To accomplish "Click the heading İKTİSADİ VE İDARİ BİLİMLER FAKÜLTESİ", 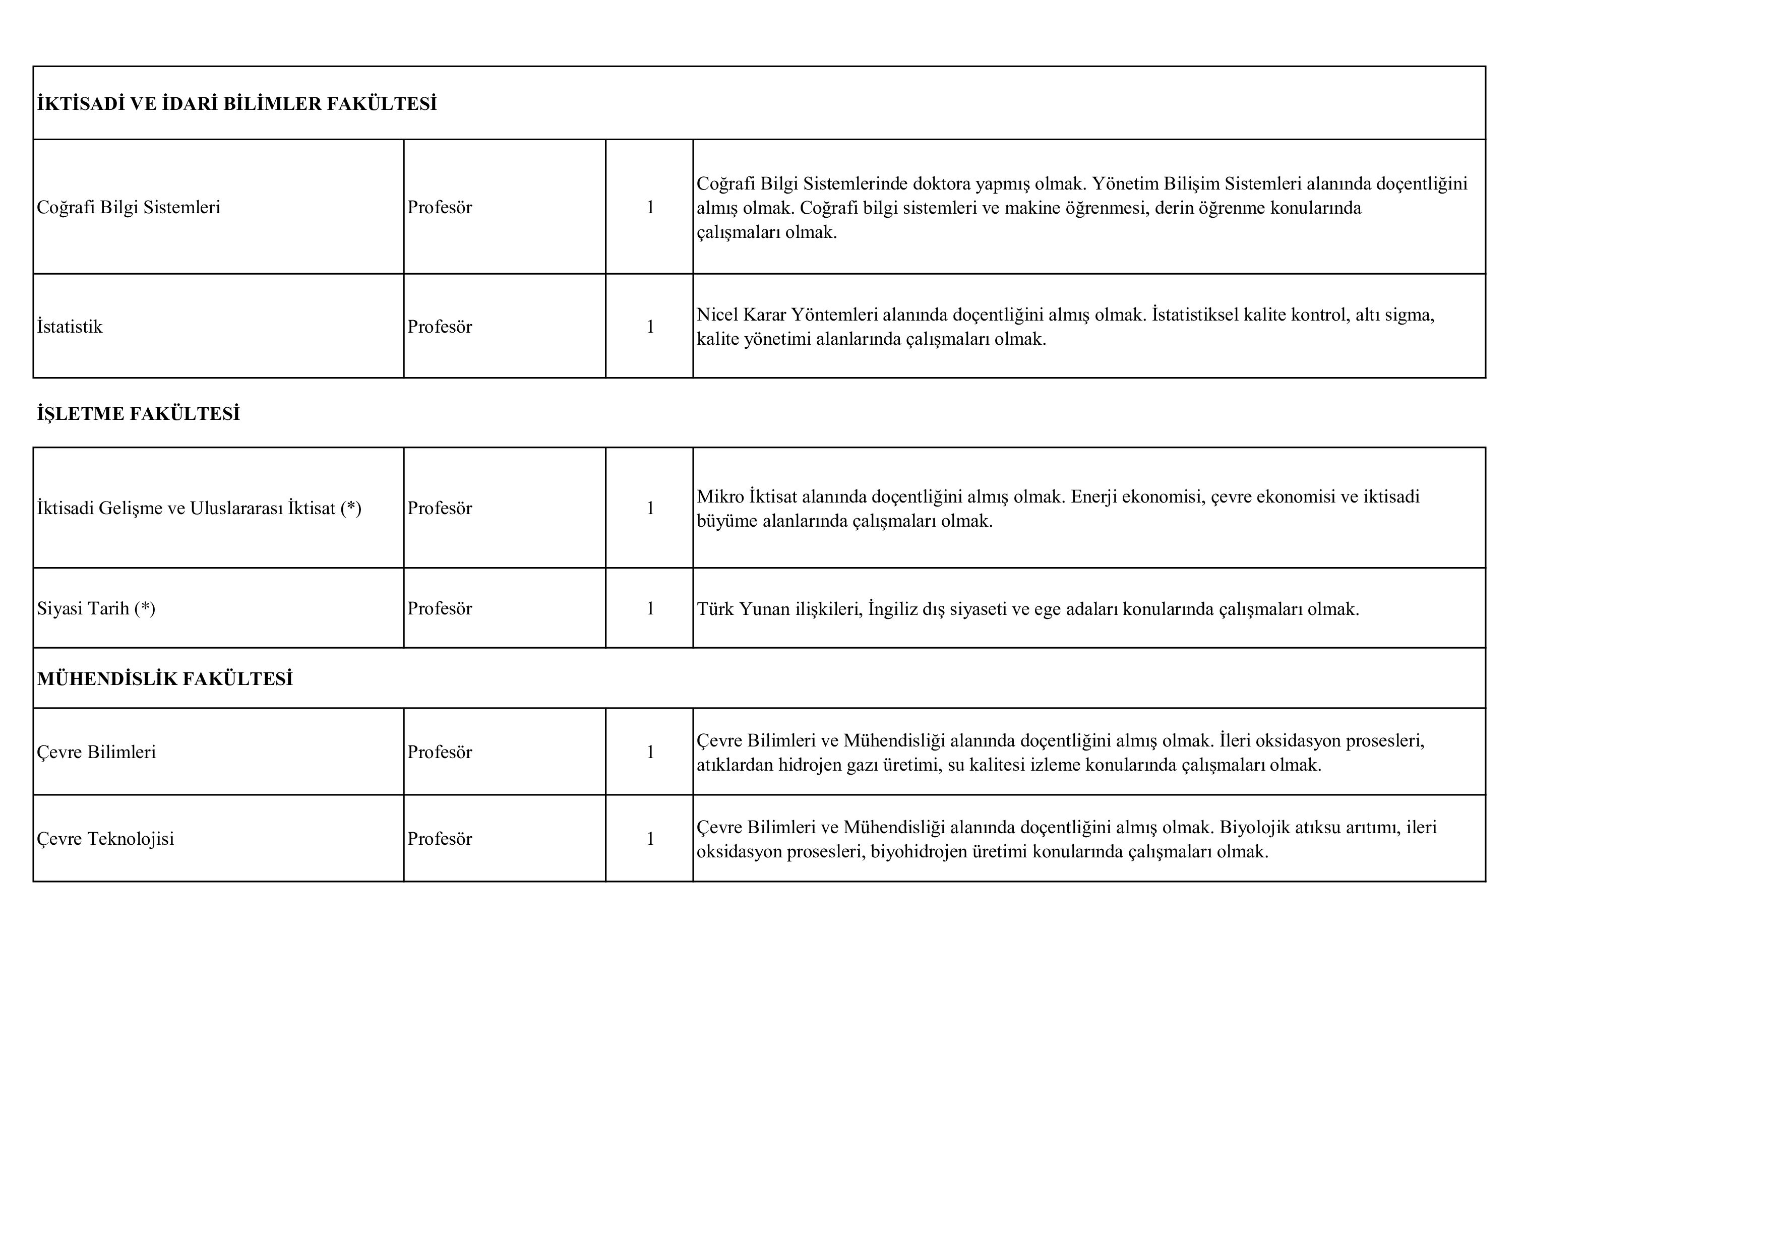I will pos(236,104).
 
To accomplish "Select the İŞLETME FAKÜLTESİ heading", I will pos(139,414).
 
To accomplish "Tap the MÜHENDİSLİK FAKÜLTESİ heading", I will pos(165,679).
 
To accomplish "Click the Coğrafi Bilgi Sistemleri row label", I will pos(129,207).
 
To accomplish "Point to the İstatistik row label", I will pos(69,326).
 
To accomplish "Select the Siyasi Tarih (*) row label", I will pos(96,609).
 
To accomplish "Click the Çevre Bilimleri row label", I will pos(96,752).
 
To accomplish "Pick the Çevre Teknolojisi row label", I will pos(105,839).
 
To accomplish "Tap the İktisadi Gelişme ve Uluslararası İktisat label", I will pos(199,508).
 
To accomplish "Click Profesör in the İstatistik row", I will pos(440,326).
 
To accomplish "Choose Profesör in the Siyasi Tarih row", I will pos(440,609).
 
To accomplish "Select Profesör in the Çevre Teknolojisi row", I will pos(440,839).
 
